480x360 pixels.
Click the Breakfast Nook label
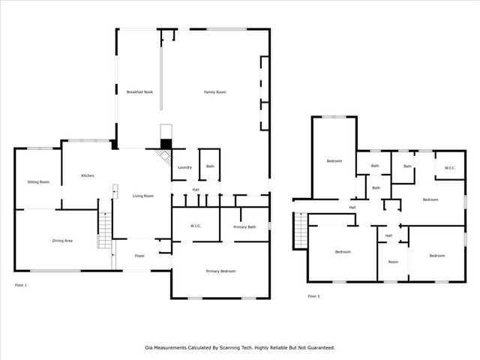pos(139,92)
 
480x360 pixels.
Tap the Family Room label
pos(215,92)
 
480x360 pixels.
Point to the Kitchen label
pos(88,175)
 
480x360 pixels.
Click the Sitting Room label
pos(38,182)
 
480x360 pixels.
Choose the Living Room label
pos(143,196)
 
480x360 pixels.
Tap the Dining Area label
pos(62,241)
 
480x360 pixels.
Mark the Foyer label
pos(139,256)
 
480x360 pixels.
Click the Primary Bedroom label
pos(222,271)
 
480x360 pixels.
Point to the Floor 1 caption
pos(21,285)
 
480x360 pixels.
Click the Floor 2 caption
pos(313,296)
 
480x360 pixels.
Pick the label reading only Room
pos(393,262)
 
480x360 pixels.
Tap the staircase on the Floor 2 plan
pos(301,229)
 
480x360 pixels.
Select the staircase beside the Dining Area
pos(104,229)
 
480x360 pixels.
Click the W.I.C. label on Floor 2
pos(450,168)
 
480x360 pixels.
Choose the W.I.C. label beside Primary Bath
pos(195,226)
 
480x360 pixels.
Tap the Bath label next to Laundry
pos(210,166)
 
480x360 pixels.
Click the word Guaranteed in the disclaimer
pos(318,348)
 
